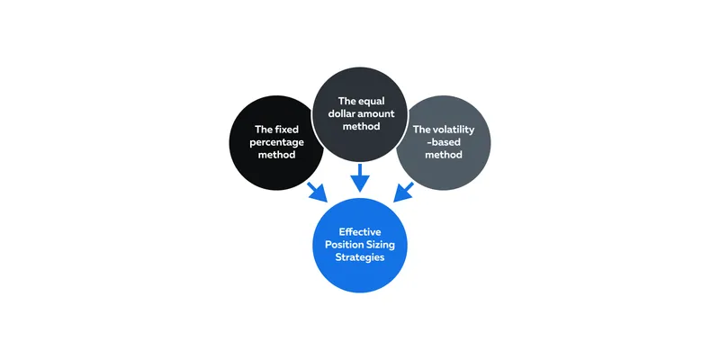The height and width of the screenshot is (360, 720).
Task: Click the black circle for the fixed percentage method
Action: pos(275,143)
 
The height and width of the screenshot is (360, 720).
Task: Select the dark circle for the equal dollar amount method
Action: pos(360,114)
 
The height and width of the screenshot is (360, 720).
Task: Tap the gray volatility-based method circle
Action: pos(443,143)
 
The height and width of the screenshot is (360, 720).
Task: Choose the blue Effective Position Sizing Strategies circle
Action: pos(360,245)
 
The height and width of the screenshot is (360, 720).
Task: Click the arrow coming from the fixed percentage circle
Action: pos(318,193)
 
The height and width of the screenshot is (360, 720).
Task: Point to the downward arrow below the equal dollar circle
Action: pos(360,177)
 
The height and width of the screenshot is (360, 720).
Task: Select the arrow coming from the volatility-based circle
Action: pos(403,193)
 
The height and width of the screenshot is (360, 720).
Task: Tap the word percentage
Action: pos(276,142)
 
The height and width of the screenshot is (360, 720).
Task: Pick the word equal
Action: pos(372,101)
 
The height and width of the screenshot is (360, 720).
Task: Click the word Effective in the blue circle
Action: pos(360,232)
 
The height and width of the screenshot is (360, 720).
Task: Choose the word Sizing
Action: pos(380,245)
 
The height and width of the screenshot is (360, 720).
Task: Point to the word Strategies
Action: pos(360,257)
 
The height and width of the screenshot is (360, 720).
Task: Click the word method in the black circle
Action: pos(276,155)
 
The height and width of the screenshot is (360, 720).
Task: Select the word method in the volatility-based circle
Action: pos(444,155)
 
